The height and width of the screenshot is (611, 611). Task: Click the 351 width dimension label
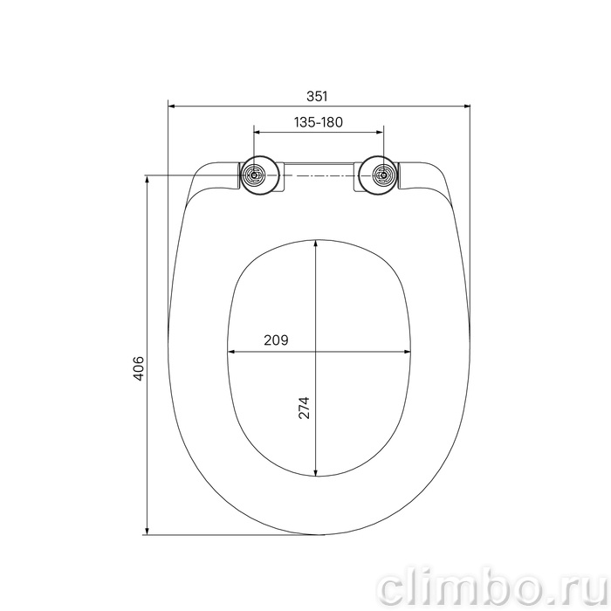click(317, 96)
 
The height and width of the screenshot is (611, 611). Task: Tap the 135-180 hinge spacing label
click(319, 122)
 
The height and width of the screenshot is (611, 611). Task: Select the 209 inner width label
click(277, 340)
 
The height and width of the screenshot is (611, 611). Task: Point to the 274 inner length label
click(304, 408)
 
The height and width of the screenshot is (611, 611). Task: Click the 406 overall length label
click(139, 367)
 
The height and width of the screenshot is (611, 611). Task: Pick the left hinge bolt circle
click(254, 175)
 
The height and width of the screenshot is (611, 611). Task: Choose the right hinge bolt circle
click(384, 175)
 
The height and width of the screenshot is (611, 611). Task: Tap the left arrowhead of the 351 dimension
click(171, 106)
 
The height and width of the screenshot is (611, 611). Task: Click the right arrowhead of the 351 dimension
click(466, 106)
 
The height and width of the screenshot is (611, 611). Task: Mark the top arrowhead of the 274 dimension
click(316, 244)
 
